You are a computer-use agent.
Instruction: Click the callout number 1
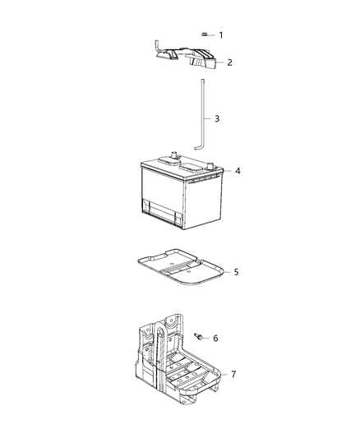[x=219, y=35]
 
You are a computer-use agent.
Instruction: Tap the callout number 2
[x=229, y=62]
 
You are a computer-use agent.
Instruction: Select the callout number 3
[x=217, y=118]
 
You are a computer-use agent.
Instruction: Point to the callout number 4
[x=238, y=171]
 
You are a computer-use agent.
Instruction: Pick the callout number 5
[x=236, y=270]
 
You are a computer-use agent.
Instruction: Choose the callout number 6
[x=215, y=338]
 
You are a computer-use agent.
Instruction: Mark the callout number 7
[x=233, y=374]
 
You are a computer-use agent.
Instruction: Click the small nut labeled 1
[x=203, y=35]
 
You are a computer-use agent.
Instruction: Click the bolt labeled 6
[x=199, y=337]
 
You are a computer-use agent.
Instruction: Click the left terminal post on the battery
[x=175, y=153]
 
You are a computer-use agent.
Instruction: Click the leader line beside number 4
[x=225, y=171]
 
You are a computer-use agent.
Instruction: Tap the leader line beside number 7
[x=222, y=374]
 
